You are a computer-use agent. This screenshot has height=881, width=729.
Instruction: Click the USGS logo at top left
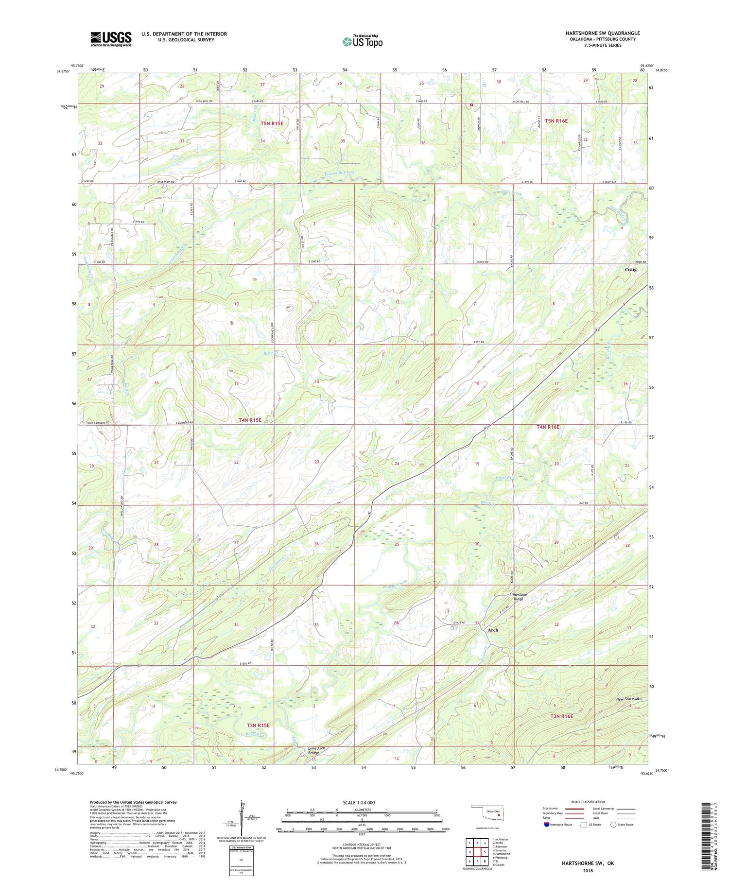tap(111, 39)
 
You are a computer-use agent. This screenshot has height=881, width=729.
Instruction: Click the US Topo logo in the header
tap(363, 41)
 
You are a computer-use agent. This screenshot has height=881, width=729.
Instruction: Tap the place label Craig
tap(630, 269)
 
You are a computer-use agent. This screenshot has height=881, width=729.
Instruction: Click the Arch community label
tap(493, 630)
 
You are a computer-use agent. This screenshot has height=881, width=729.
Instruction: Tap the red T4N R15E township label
tap(250, 420)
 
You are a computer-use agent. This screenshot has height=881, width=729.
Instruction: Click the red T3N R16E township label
tap(561, 716)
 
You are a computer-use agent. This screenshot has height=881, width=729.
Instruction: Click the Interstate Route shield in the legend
tap(547, 825)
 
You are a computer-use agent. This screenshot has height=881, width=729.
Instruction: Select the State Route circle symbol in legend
tap(613, 825)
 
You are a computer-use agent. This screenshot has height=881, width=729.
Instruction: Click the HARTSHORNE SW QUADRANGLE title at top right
tap(603, 33)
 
